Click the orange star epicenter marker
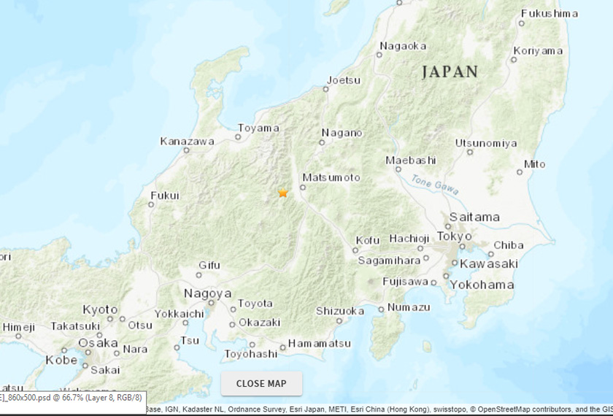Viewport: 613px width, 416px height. point(283,193)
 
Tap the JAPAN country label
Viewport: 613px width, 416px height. point(450,72)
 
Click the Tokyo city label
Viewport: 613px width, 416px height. point(455,236)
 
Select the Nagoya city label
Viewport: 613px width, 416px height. point(207,293)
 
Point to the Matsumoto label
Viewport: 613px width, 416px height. point(331,177)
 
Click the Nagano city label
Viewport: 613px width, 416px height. point(341,133)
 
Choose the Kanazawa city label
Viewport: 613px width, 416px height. point(187,141)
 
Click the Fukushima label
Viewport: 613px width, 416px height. point(549,13)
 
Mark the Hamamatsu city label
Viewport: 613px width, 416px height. point(319,343)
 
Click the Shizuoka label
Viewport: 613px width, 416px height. point(339,311)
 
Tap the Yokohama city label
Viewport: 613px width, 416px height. point(482,285)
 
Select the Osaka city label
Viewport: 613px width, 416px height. point(98,342)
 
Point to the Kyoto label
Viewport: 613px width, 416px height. point(100,309)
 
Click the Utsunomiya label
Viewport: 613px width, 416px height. point(486,143)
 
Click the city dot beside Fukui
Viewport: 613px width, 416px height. point(151,204)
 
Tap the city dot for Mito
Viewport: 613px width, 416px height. point(520,173)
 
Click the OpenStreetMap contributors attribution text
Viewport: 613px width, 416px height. point(523,409)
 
